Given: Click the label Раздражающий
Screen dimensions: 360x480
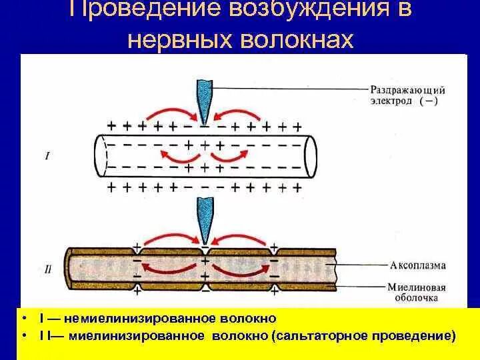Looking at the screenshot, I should click(407, 89).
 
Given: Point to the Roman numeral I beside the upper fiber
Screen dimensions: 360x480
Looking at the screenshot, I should click(46, 157).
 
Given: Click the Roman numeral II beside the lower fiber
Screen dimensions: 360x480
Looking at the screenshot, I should click(46, 271).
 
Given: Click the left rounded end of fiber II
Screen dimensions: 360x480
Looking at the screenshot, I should click(69, 271).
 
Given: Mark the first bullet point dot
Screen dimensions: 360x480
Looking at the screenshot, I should click(24, 319).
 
